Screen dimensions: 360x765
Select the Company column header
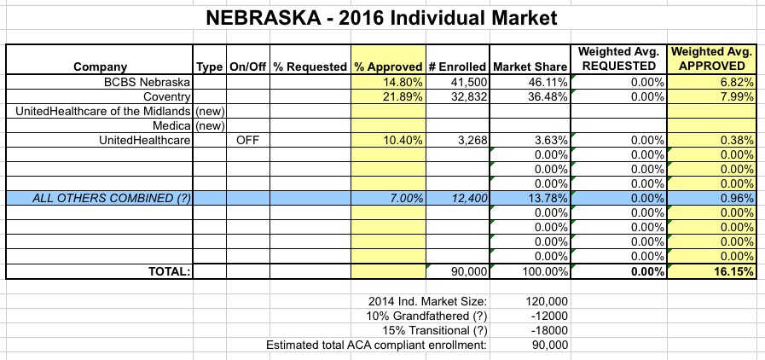point(101,67)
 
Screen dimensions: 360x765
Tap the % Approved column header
point(389,67)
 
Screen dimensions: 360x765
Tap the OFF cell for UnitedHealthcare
point(247,140)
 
